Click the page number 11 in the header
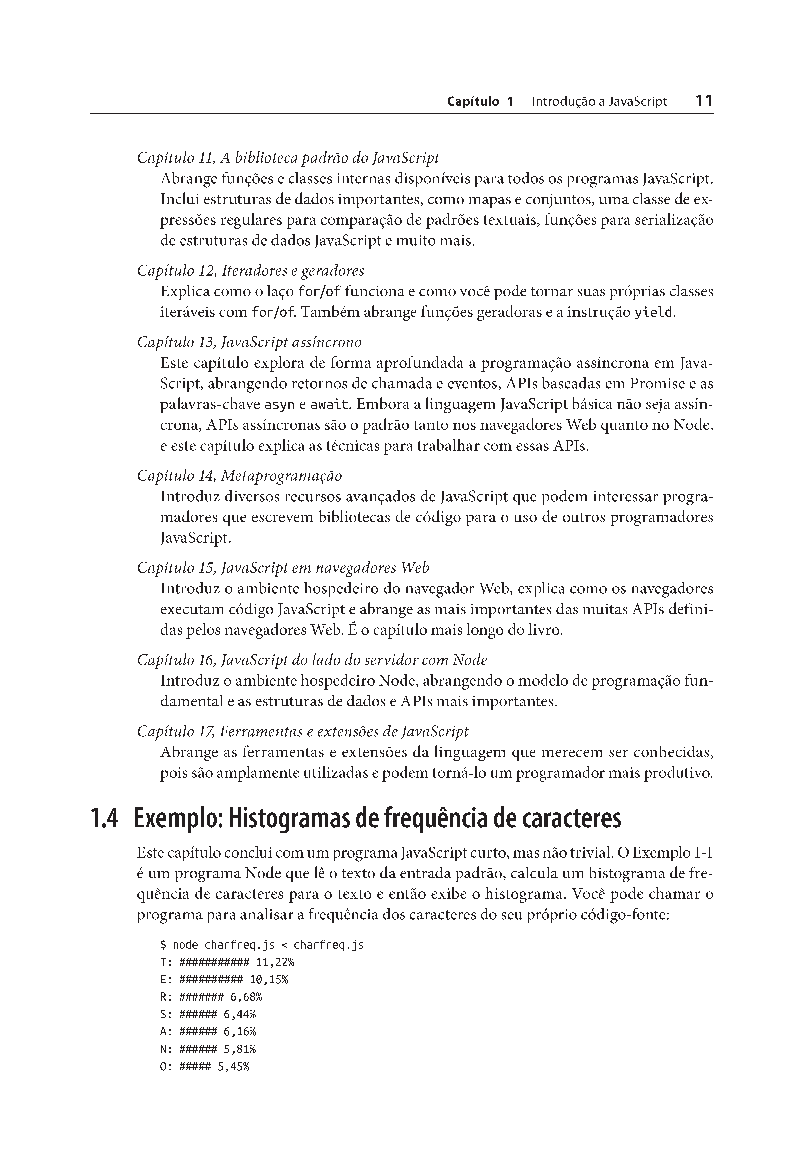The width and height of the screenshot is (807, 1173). tap(704, 101)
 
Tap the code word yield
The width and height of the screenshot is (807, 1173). tap(653, 313)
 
